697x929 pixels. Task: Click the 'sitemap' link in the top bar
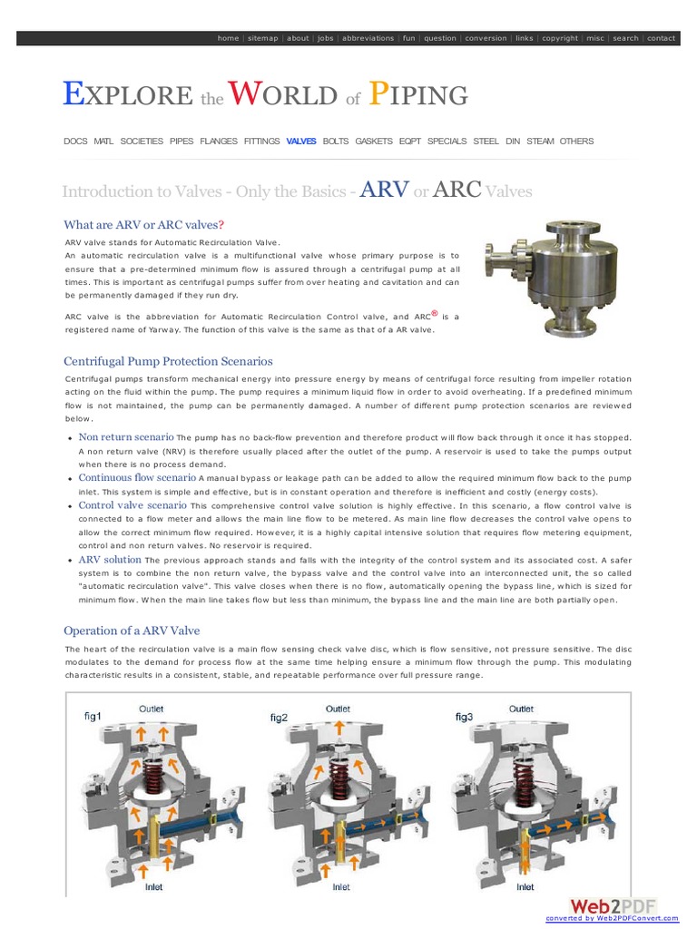pyautogui.click(x=263, y=38)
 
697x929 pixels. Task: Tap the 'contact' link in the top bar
pyautogui.click(x=661, y=38)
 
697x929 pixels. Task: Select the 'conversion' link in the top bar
pyautogui.click(x=486, y=38)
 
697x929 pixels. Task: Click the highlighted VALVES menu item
pyautogui.click(x=301, y=142)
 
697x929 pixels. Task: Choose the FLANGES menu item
pyautogui.click(x=219, y=142)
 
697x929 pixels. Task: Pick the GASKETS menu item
pyautogui.click(x=374, y=142)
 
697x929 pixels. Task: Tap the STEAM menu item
pyautogui.click(x=540, y=142)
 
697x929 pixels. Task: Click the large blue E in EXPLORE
pyautogui.click(x=73, y=93)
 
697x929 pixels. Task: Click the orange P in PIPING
pyautogui.click(x=383, y=93)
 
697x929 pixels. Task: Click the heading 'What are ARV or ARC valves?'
pyautogui.click(x=143, y=225)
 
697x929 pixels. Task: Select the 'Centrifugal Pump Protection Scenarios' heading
pyautogui.click(x=168, y=361)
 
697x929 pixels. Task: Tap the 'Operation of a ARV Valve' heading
pyautogui.click(x=132, y=631)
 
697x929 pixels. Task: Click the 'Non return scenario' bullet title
pyautogui.click(x=126, y=436)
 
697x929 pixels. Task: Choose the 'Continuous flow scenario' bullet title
pyautogui.click(x=136, y=477)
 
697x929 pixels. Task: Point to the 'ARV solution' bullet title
pyautogui.click(x=110, y=560)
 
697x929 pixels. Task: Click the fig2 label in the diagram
pyautogui.click(x=279, y=718)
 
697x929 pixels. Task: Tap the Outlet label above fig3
pyautogui.click(x=522, y=709)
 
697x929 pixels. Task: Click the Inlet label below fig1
pyautogui.click(x=155, y=887)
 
